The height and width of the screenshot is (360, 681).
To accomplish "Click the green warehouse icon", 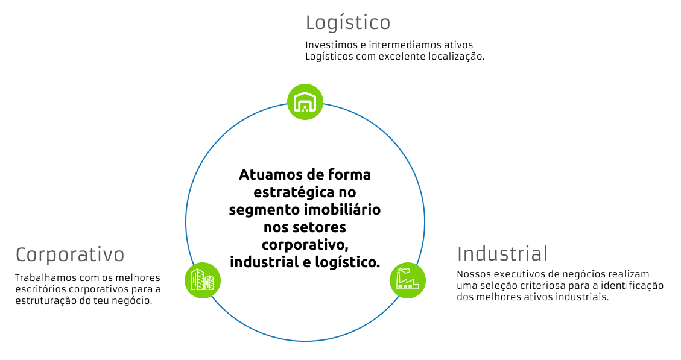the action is coord(305,102).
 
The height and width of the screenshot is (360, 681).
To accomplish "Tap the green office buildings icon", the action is coord(203,280).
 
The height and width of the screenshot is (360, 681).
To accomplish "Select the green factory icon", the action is coord(407,280).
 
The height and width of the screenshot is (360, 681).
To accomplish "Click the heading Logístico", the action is coord(348,23).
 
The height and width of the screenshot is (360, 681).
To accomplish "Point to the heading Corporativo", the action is coord(70,255).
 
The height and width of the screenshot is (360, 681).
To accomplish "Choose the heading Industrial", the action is coord(502,254).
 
